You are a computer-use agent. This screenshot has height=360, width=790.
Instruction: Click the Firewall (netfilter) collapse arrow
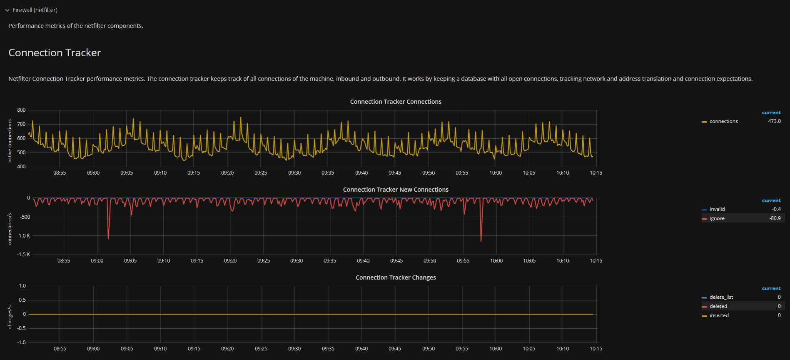[7, 10]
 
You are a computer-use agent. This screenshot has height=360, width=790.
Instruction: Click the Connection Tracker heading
[55, 53]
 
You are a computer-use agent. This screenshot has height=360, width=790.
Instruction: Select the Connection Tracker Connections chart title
[395, 102]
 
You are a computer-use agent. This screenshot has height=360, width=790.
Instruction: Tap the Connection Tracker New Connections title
[395, 190]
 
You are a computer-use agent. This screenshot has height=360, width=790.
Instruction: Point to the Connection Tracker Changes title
[395, 277]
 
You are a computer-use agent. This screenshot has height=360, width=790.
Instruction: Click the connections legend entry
[723, 121]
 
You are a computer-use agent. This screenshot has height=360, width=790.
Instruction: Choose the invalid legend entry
[717, 209]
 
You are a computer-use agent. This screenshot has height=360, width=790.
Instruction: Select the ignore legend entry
[717, 218]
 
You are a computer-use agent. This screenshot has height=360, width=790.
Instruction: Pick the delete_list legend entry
[721, 297]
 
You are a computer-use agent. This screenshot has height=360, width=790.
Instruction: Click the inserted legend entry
[719, 315]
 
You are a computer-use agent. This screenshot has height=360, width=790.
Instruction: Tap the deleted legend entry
[718, 306]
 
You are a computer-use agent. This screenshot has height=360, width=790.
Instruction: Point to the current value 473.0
[774, 121]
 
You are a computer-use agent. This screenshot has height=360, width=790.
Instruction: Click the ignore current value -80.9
[775, 218]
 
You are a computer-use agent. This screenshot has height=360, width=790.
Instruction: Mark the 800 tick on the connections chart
[21, 110]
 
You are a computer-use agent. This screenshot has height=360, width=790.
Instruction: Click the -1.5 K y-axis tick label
[23, 255]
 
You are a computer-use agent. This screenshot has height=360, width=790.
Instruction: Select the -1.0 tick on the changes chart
[22, 342]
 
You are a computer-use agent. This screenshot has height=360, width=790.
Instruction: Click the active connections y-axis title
[10, 141]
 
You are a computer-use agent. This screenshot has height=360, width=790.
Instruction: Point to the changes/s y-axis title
[10, 317]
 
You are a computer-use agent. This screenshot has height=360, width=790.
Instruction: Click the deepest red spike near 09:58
[481, 241]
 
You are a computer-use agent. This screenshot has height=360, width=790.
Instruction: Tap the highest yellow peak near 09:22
[241, 118]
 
